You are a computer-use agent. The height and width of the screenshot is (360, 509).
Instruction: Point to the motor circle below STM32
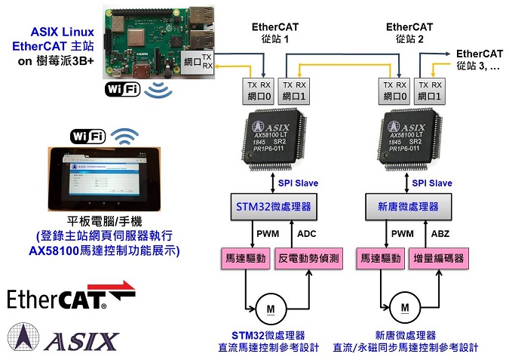(269, 307)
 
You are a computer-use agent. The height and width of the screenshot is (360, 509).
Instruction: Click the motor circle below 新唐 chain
(405, 307)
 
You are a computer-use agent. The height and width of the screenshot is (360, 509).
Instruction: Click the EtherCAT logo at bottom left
(71, 297)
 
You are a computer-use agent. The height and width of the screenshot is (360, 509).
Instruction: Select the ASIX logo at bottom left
(64, 337)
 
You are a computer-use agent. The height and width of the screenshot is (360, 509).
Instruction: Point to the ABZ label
(440, 233)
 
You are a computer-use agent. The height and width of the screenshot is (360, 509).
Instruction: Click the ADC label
(307, 233)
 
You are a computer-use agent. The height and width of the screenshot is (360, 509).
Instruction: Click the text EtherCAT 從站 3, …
(480, 60)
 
